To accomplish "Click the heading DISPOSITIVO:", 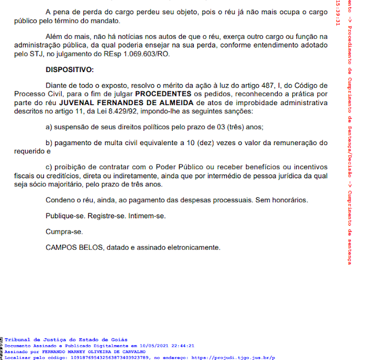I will coord(69,70).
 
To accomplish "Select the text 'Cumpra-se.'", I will coord(64,232).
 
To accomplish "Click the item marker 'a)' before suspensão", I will coord(49,127).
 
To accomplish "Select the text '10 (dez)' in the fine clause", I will coord(202,142).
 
